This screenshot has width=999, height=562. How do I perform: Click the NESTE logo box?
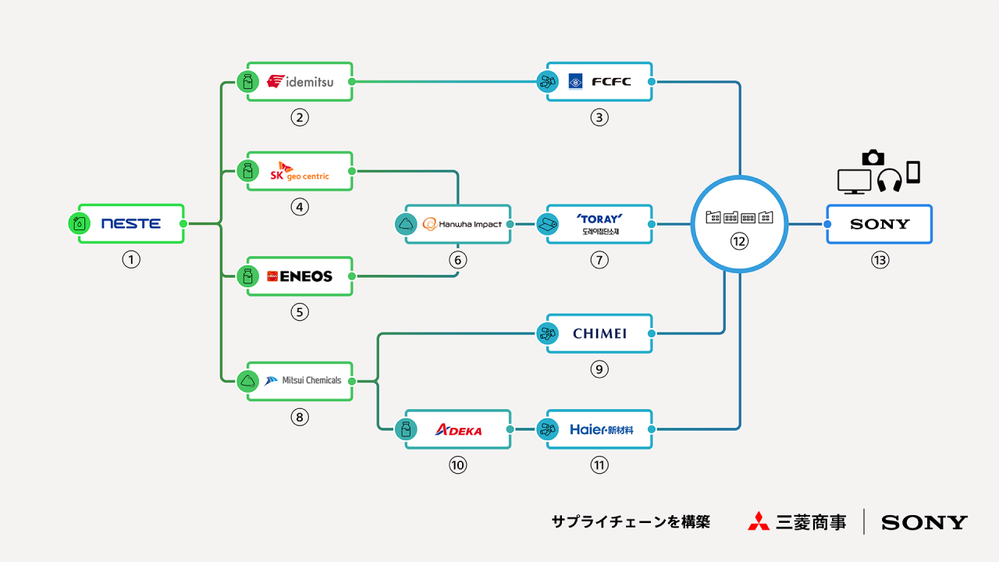click(x=131, y=224)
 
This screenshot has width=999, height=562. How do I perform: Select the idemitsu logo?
click(x=300, y=82)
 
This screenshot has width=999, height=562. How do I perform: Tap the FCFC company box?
click(x=599, y=82)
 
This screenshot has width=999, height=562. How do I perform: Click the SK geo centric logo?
click(x=300, y=172)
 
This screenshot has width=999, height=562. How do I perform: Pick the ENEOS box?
click(x=300, y=276)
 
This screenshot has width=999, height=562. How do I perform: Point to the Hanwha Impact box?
click(x=458, y=224)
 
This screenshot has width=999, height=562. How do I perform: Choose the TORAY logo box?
click(x=599, y=224)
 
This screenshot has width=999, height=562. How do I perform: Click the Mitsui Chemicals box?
click(x=300, y=381)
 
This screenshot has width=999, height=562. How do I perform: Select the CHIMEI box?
click(x=599, y=333)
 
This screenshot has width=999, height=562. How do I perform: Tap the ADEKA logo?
click(x=458, y=429)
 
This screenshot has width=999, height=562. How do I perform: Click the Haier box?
click(x=599, y=429)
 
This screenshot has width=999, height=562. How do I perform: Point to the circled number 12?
click(x=739, y=242)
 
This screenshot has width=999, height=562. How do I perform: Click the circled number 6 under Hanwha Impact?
click(x=458, y=261)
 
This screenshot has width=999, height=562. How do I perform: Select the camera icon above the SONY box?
click(x=873, y=157)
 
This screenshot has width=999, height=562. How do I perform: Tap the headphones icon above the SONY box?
click(x=890, y=180)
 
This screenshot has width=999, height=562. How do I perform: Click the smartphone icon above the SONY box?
click(x=913, y=172)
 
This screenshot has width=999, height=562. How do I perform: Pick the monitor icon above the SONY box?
click(x=854, y=181)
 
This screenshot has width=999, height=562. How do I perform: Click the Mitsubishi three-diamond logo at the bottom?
click(x=758, y=521)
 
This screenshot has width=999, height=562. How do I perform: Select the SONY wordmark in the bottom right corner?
click(x=924, y=522)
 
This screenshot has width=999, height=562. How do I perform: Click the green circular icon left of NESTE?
click(x=80, y=224)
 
